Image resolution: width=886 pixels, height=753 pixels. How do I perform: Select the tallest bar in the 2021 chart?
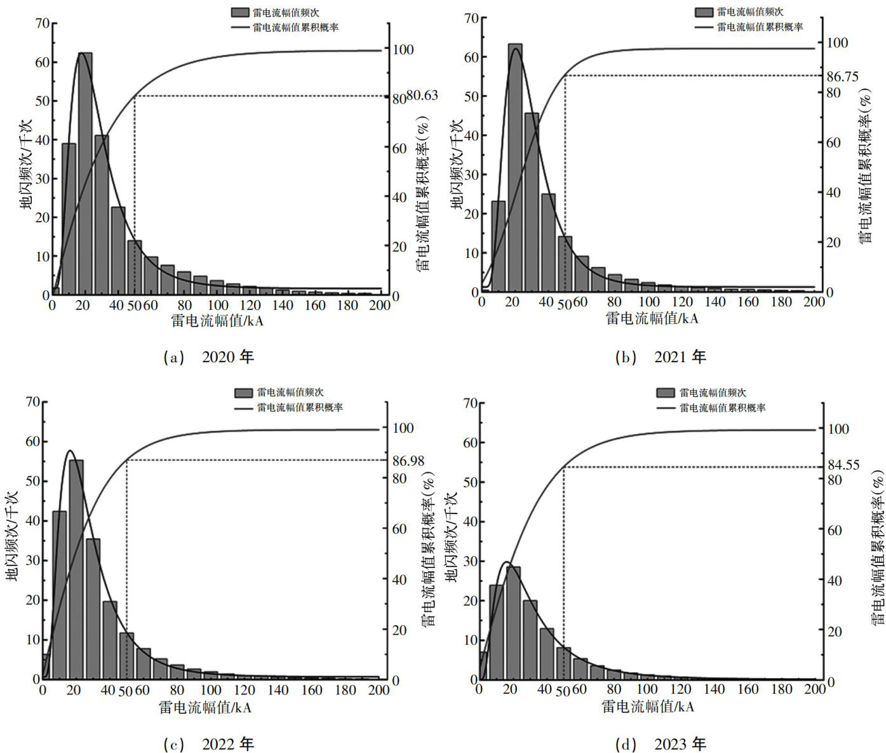[515, 168]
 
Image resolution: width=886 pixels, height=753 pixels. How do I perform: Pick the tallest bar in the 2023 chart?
[513, 623]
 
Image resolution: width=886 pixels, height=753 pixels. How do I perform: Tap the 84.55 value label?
[843, 465]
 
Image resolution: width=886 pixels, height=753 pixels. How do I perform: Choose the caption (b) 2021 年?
[661, 357]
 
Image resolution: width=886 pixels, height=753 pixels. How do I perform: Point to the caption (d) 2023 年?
[661, 743]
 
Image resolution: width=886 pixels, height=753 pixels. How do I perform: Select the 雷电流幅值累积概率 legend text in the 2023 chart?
[722, 408]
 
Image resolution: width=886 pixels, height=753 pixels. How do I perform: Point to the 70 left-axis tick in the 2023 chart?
[470, 402]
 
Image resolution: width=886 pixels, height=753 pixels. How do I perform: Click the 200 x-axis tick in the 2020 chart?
[379, 305]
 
